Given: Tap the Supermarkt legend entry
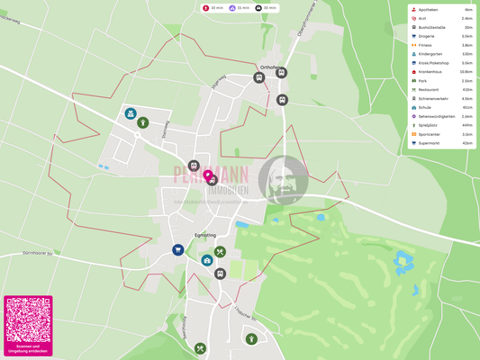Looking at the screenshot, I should coord(429,143).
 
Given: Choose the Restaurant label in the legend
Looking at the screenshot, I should coord(428,89).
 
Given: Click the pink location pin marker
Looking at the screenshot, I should coord(208,175).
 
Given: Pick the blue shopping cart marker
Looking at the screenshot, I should coord(178,250).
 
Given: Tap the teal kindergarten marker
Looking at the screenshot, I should coord(131,114).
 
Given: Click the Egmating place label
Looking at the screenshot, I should coord(205,235).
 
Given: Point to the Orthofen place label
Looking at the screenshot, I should coord(269,67).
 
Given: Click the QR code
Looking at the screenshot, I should coord(28,319).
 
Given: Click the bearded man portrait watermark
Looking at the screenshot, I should coord(283,179).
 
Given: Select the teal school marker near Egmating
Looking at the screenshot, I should coord(207,261).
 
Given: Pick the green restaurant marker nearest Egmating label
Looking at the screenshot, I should coord(220,253).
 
